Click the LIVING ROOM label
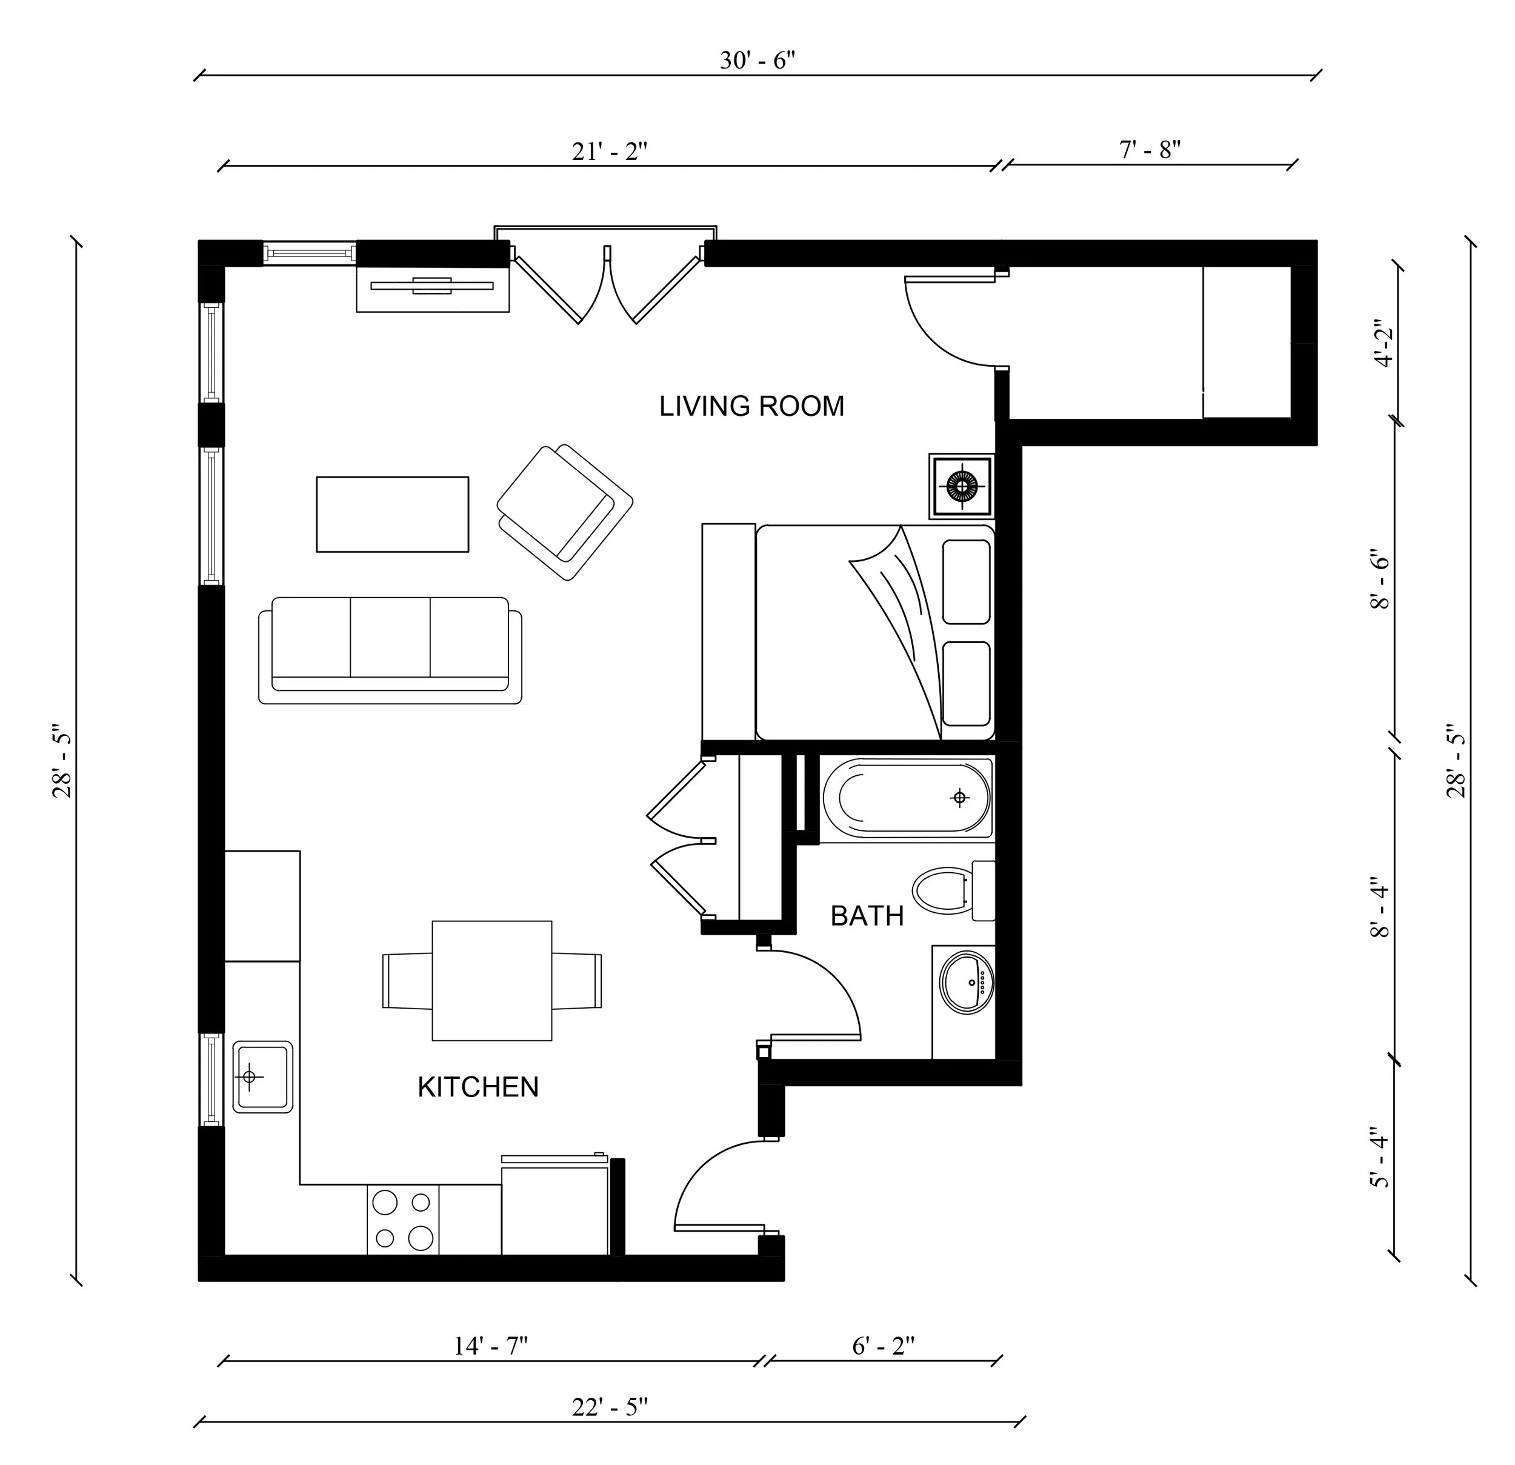coord(751,407)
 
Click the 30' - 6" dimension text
coord(757,60)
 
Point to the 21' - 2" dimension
coord(609,152)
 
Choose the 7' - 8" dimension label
coord(1150,149)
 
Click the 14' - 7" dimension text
coord(490,1346)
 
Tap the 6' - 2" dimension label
coord(883,1346)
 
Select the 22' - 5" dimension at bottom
coord(609,1407)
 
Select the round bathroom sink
coord(966,983)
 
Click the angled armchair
coord(564,512)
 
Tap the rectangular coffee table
coord(392,514)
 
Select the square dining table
coord(491,980)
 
